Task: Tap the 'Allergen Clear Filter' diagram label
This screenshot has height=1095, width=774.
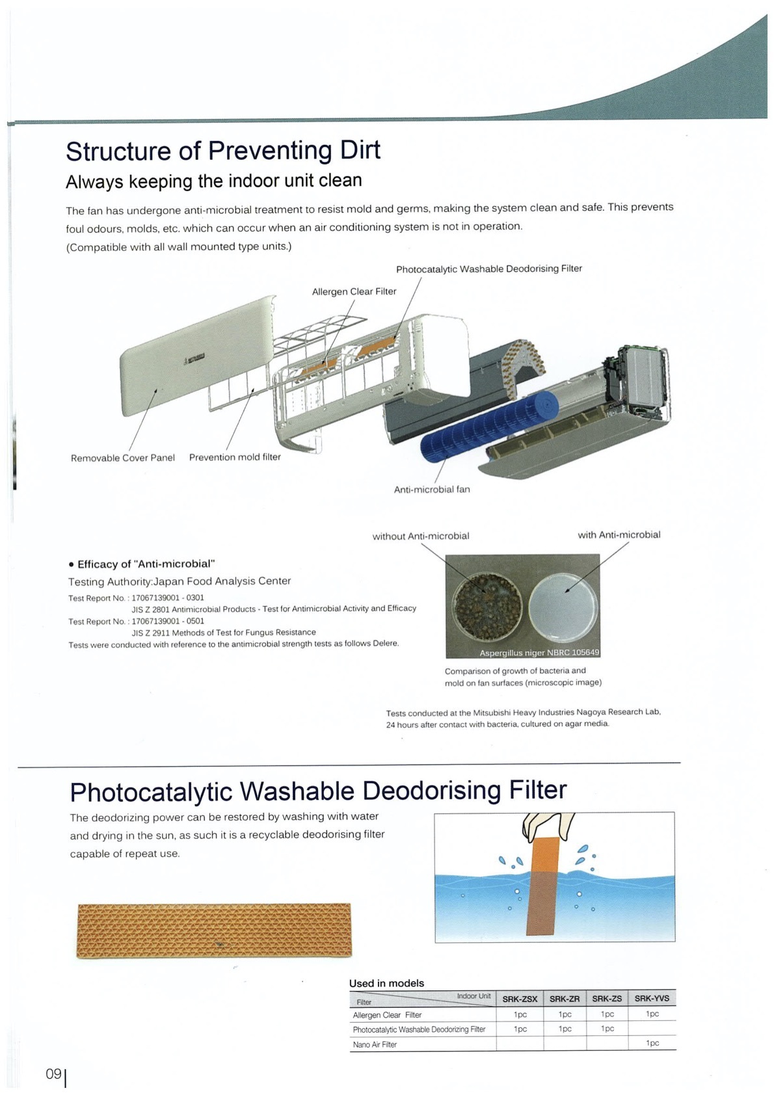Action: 354,291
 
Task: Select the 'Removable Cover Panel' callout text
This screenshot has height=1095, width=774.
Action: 123,458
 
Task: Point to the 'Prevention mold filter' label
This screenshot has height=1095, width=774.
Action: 235,457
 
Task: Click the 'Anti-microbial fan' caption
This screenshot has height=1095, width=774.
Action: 432,489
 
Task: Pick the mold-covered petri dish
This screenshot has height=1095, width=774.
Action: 487,606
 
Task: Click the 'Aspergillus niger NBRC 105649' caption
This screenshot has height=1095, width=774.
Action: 539,652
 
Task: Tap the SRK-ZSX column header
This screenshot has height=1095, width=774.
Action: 520,999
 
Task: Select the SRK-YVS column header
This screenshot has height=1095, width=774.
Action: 652,998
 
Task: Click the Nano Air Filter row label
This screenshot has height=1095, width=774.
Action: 375,1044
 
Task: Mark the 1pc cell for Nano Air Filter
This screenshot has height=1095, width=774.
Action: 652,1043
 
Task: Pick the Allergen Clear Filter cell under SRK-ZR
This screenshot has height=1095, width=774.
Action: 565,1014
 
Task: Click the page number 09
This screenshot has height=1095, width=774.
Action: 53,1074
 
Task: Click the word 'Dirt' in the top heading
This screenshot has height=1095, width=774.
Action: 360,150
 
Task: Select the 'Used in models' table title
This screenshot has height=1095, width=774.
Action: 386,983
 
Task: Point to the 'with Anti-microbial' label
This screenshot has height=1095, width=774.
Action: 619,534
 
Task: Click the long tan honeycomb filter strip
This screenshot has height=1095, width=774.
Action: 214,930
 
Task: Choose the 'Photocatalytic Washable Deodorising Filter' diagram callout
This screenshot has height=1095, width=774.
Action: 488,269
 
